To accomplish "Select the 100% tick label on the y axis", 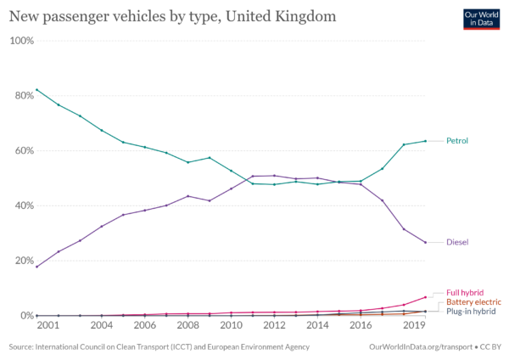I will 21,41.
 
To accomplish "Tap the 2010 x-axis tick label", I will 231,325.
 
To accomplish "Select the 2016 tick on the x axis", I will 361,325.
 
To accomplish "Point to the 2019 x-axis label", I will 415,325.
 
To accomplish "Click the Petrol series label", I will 458,141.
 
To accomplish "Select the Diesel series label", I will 458,242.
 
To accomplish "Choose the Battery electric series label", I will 474,302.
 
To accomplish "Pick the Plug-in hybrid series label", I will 473,312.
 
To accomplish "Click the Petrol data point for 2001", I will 36,89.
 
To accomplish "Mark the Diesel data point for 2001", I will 36,267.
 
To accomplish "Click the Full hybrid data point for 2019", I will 426,297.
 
